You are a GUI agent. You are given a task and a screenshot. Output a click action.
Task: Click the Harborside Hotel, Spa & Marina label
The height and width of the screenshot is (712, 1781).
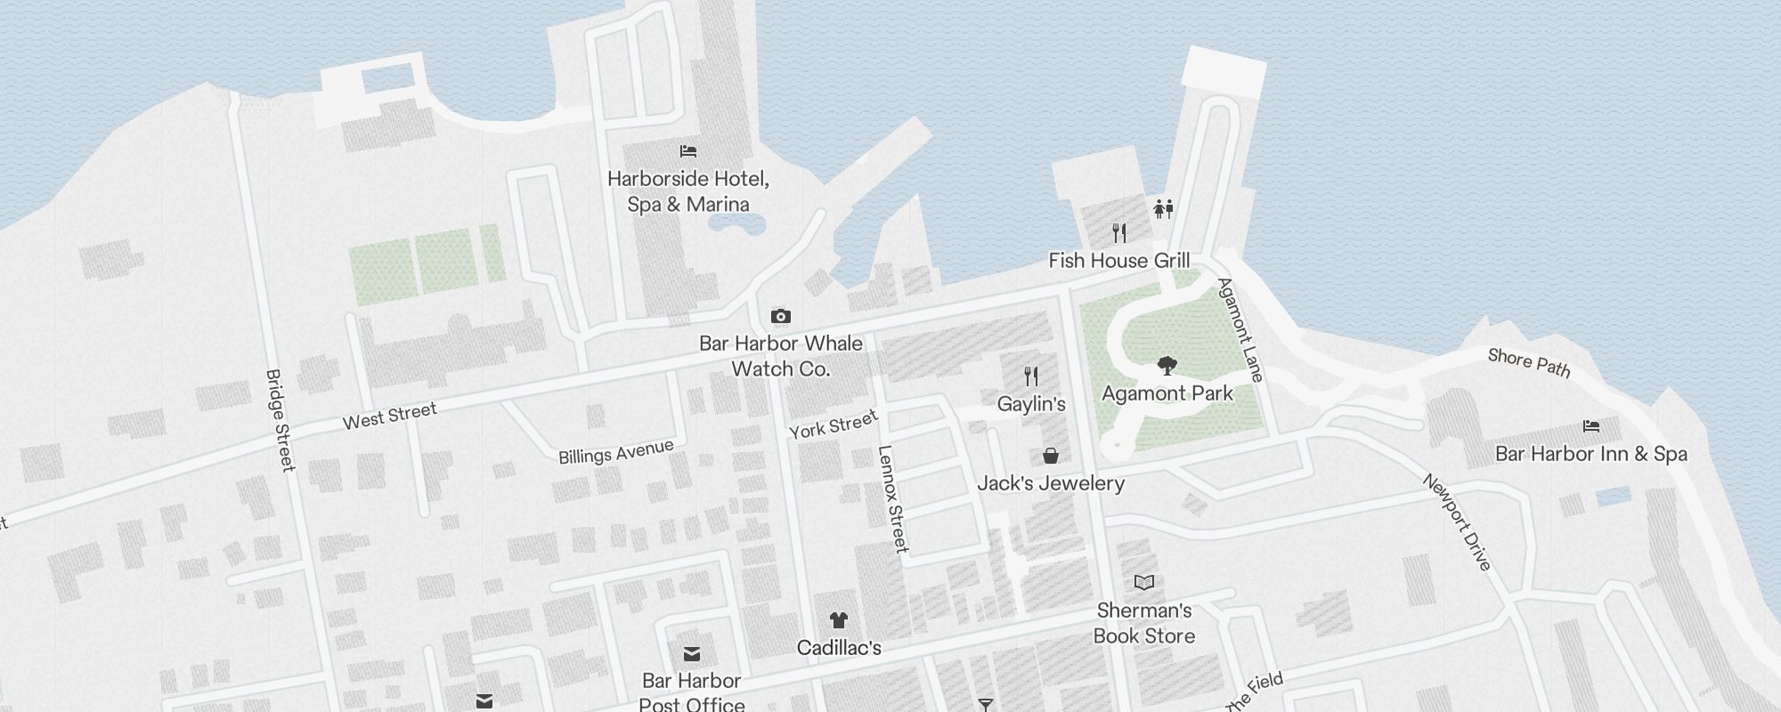pyautogui.click(x=687, y=191)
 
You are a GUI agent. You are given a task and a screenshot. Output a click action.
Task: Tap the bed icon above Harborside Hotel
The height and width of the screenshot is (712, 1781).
pyautogui.click(x=687, y=151)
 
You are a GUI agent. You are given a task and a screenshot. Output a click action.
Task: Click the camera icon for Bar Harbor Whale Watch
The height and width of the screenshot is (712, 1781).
pyautogui.click(x=780, y=316)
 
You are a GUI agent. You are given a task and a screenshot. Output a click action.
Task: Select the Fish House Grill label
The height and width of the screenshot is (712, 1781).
pyautogui.click(x=1118, y=261)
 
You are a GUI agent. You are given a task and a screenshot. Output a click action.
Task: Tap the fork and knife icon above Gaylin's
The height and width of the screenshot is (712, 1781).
pyautogui.click(x=1031, y=376)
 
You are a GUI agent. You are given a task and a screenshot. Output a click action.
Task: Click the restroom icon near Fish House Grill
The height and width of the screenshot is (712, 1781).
pyautogui.click(x=1163, y=209)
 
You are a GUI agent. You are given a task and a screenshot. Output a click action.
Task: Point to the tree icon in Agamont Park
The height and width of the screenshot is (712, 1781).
pyautogui.click(x=1167, y=365)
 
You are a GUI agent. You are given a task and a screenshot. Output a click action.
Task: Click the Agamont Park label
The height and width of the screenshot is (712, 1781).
pyautogui.click(x=1167, y=393)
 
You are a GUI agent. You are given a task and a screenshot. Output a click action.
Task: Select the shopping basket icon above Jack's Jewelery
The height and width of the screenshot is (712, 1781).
pyautogui.click(x=1051, y=456)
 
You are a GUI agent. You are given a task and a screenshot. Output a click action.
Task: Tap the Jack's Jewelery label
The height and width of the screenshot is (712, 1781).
pyautogui.click(x=1051, y=483)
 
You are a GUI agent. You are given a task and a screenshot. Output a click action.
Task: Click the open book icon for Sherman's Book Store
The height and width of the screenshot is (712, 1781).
pyautogui.click(x=1144, y=583)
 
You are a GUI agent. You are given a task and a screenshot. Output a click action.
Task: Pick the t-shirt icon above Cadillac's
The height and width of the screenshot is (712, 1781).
pyautogui.click(x=838, y=620)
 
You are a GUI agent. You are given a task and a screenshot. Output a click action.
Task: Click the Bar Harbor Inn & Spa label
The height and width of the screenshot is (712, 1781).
pyautogui.click(x=1590, y=454)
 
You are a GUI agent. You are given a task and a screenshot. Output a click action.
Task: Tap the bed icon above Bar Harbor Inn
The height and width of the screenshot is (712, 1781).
pyautogui.click(x=1590, y=426)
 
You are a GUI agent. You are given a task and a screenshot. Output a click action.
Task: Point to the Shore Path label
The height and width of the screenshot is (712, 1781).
pyautogui.click(x=1528, y=362)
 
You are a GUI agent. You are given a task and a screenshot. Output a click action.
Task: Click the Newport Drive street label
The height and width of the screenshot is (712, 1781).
pyautogui.click(x=1456, y=522)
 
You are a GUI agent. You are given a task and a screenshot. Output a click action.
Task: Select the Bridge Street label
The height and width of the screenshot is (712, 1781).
pyautogui.click(x=280, y=420)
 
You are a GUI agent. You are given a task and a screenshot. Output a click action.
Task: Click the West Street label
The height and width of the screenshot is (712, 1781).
pyautogui.click(x=390, y=416)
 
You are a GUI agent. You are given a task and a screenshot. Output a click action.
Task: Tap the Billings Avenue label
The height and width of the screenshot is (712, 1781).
pyautogui.click(x=615, y=452)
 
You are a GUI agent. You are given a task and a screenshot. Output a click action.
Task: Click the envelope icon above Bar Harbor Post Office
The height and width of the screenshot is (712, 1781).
pyautogui.click(x=691, y=655)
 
